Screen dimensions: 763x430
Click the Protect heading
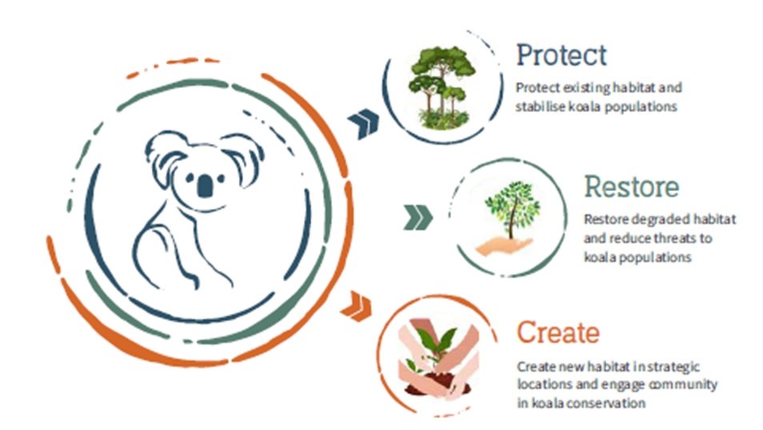coord(561,55)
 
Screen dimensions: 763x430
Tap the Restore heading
coord(631,186)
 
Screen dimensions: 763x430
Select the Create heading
coord(557,332)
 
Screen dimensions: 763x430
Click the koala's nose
coord(205,185)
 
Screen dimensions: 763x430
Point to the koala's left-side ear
coord(164,156)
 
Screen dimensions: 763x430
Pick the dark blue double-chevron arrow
coord(363,124)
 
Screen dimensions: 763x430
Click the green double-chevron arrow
coord(417,217)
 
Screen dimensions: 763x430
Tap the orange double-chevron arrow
coord(356,306)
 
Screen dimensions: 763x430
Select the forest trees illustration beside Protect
coord(441,88)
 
